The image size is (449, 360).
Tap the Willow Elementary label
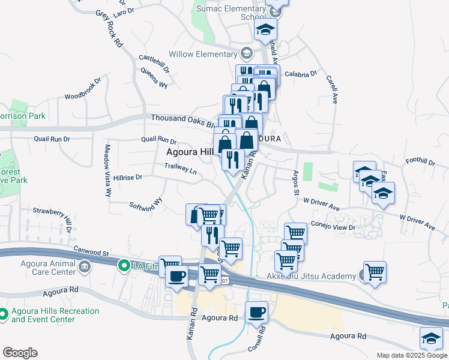[x=203, y=54]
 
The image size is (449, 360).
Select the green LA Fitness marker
[x=124, y=265]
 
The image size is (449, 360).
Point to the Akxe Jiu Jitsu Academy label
[x=310, y=276]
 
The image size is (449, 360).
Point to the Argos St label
[x=296, y=182]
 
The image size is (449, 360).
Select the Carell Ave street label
[x=331, y=89]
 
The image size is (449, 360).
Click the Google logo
[x=19, y=353]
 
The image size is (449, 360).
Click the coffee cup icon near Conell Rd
[x=256, y=313]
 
